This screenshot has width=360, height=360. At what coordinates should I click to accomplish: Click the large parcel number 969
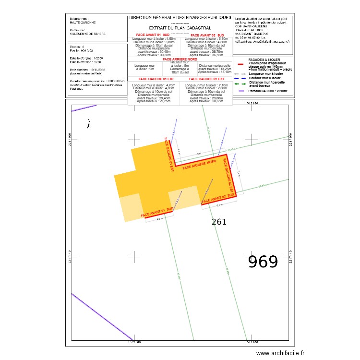[x=263, y=262]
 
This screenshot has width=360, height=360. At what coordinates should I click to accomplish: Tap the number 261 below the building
[x=219, y=222]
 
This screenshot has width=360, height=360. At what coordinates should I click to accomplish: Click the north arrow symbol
[x=88, y=124]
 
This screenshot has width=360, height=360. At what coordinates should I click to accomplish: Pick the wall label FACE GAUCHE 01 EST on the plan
[x=168, y=151]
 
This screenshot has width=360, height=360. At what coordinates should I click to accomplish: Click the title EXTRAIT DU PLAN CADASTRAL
[x=180, y=28]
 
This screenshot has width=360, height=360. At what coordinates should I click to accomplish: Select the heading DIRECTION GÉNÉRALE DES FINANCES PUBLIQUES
[x=180, y=17]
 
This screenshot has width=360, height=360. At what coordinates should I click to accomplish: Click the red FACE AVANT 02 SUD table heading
[x=207, y=36]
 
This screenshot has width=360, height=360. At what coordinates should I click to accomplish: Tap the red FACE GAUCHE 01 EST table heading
[x=153, y=78]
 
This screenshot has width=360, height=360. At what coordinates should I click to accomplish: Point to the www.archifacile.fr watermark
[x=280, y=353]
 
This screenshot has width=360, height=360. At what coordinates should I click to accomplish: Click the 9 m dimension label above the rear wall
[x=199, y=154]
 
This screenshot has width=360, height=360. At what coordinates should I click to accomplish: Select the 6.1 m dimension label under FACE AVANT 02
[x=219, y=205]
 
